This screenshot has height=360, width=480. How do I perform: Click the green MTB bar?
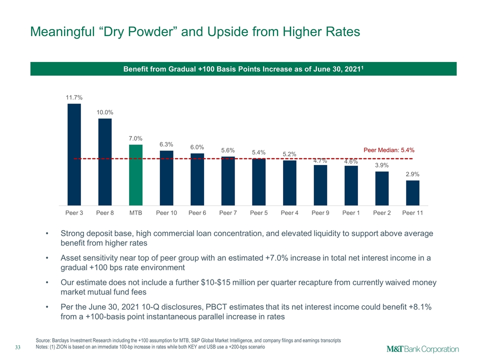click(135, 175)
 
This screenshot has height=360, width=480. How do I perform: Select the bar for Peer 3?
click(74, 154)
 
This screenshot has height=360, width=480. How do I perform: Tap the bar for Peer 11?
click(412, 193)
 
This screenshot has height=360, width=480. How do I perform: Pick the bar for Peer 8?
click(105, 162)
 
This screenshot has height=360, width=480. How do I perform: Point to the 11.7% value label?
click(74, 97)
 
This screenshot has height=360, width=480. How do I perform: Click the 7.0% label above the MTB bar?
click(135, 138)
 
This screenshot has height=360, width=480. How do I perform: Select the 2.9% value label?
click(412, 174)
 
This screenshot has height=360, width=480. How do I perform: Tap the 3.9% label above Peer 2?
click(381, 165)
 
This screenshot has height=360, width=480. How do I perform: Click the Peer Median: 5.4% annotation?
click(389, 150)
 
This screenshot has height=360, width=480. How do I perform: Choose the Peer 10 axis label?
click(166, 213)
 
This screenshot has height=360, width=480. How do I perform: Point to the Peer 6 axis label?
click(197, 213)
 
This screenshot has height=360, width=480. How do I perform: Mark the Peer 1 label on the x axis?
click(351, 213)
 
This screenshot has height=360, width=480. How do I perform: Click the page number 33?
click(18, 347)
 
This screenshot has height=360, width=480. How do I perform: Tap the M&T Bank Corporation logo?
click(423, 349)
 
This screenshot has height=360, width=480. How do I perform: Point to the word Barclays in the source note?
click(60, 340)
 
